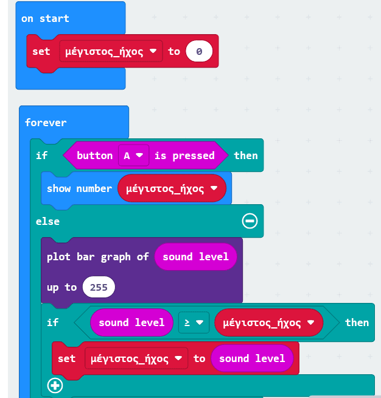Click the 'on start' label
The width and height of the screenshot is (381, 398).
(x=45, y=18)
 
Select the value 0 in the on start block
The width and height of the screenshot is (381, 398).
(x=199, y=51)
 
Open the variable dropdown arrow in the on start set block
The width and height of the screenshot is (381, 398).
(x=153, y=51)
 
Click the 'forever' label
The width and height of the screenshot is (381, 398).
(x=46, y=123)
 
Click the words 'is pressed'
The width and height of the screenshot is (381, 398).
(x=184, y=155)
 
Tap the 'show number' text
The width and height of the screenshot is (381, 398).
(x=79, y=188)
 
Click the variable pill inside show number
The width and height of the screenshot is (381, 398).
(x=172, y=188)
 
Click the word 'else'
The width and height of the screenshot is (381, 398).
(x=47, y=221)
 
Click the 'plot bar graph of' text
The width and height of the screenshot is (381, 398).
(x=97, y=257)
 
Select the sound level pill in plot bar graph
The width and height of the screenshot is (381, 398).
(x=195, y=257)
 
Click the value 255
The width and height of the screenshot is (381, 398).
(x=99, y=287)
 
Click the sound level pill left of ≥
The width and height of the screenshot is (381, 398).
(x=131, y=322)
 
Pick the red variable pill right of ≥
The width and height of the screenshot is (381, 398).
(x=268, y=322)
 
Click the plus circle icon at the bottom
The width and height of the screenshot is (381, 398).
(x=55, y=386)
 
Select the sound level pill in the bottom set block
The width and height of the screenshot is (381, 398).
(x=252, y=358)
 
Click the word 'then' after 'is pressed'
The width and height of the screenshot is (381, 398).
(x=246, y=155)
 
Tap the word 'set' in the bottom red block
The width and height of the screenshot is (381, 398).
(x=66, y=358)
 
